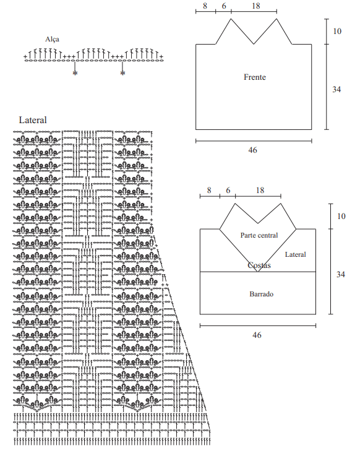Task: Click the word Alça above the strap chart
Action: tap(52, 40)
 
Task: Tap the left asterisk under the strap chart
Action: tap(75, 73)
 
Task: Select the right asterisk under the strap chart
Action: tap(122, 73)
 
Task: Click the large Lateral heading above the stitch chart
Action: tap(33, 120)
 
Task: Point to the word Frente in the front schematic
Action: tap(254, 77)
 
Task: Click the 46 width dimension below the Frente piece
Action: tap(252, 150)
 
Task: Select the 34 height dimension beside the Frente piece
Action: tap(336, 89)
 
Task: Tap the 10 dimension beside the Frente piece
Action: tap(337, 31)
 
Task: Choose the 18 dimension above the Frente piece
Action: tap(256, 6)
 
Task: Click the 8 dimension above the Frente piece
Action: tap(205, 6)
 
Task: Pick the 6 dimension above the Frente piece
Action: tap(224, 6)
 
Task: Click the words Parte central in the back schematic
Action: tap(259, 235)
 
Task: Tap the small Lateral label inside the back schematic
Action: tap(295, 254)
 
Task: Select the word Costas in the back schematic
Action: tap(259, 265)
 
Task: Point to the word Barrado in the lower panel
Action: tap(261, 294)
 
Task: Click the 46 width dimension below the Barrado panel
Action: tap(257, 335)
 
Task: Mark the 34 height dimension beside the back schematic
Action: tap(341, 274)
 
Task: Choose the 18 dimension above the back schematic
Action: tap(260, 191)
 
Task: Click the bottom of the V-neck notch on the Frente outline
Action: tap(254, 44)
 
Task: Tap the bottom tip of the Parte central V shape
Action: tap(258, 272)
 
